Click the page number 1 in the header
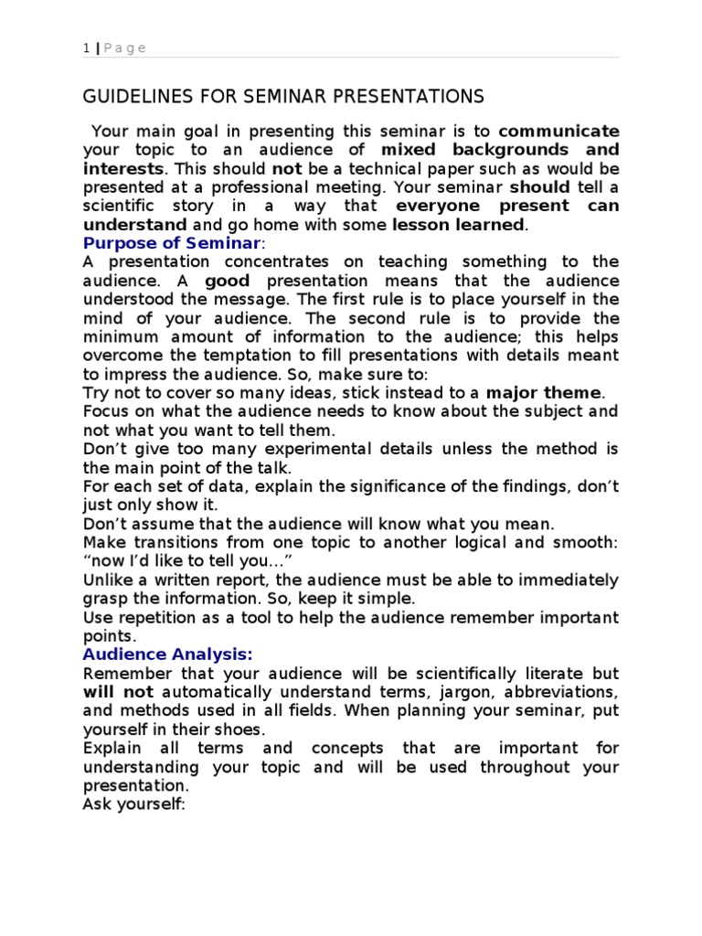point(86,48)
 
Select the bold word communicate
point(558,130)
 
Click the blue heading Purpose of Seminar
point(173,243)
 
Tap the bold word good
point(227,281)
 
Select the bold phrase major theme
point(544,393)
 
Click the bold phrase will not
point(118,692)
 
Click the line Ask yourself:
point(133,804)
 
